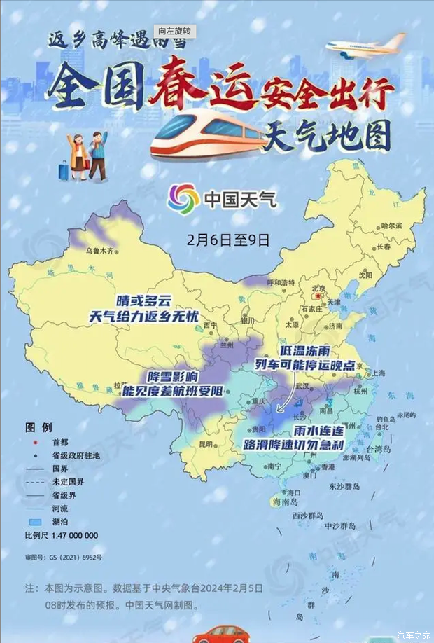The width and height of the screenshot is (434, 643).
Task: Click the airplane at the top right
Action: [365, 44]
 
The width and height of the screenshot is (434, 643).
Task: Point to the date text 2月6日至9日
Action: [228, 239]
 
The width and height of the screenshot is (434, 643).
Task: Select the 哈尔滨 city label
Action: [391, 226]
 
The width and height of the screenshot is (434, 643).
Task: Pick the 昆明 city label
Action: [205, 443]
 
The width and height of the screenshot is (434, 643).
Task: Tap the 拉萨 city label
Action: [118, 386]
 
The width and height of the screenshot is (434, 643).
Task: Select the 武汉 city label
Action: [302, 386]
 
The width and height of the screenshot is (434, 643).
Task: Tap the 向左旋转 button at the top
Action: [174, 32]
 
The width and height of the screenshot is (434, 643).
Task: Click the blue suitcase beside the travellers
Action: [64, 169]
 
